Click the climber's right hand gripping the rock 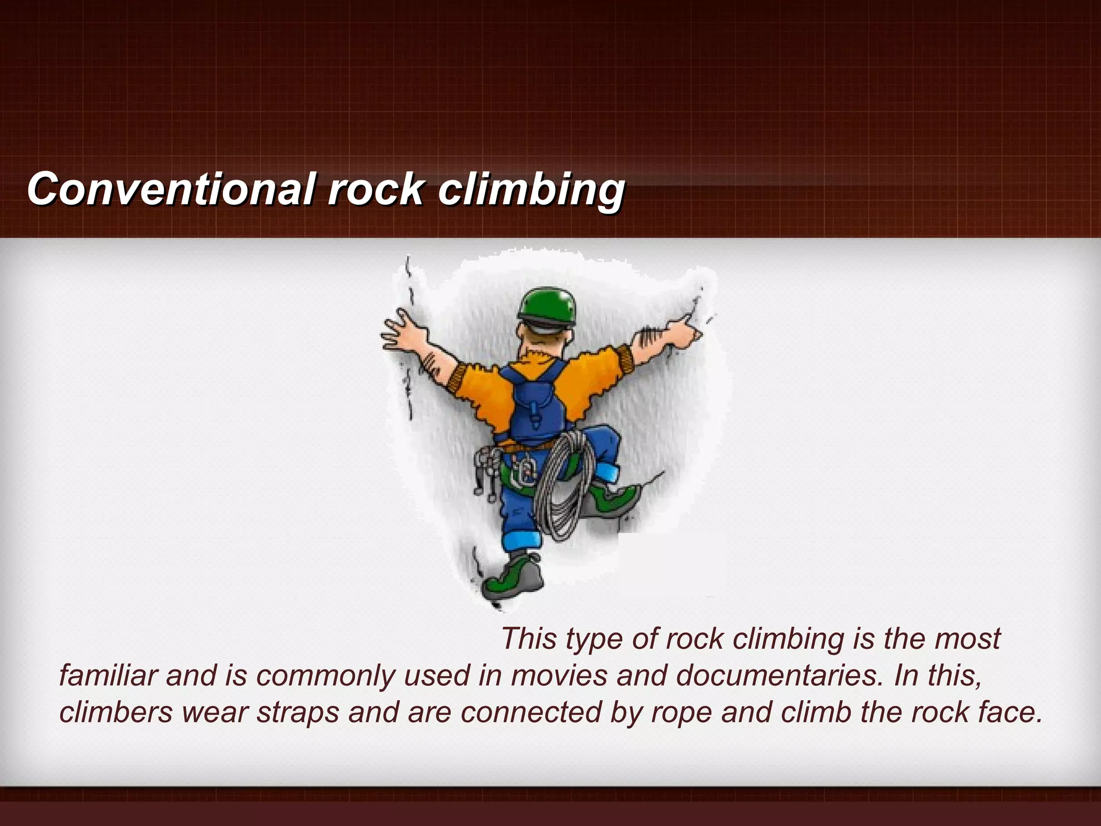pyautogui.click(x=683, y=328)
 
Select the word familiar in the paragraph pyautogui.click(x=108, y=675)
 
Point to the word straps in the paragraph pyautogui.click(x=297, y=713)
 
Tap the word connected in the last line pyautogui.click(x=531, y=713)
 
